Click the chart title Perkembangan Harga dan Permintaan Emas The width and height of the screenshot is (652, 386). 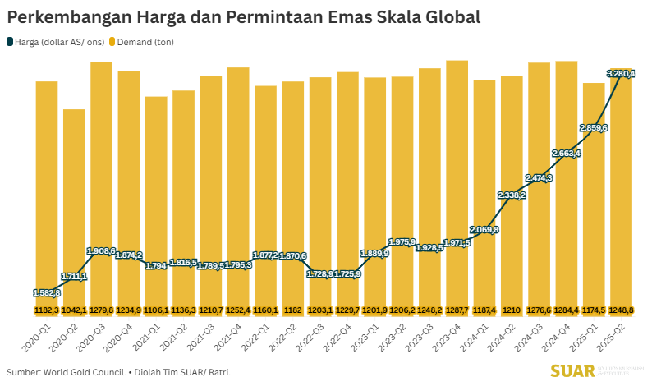click(244, 16)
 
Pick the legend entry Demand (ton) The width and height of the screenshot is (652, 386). click(145, 41)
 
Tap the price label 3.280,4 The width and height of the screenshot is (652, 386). click(620, 74)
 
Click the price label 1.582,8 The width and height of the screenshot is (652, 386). click(47, 292)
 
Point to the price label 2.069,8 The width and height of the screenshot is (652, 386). click(484, 229)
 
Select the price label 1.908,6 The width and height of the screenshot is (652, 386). click(102, 250)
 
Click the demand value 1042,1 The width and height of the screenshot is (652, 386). click(74, 310)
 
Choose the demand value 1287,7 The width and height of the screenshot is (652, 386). click(457, 310)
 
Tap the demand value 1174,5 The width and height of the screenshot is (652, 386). click(594, 310)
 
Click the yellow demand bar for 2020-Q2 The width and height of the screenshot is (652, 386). click(74, 205)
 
